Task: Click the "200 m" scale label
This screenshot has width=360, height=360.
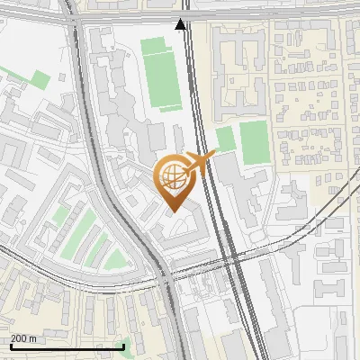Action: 24,337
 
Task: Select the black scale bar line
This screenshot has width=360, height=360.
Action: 67,346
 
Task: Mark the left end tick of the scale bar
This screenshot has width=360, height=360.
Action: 11,345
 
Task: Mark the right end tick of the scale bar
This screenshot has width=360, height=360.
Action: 124,345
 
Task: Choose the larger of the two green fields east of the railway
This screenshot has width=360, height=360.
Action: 254,142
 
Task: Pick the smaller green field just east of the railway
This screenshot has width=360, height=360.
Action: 225,139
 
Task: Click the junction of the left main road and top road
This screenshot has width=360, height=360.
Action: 72,18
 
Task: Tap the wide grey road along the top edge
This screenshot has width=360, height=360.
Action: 270,16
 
